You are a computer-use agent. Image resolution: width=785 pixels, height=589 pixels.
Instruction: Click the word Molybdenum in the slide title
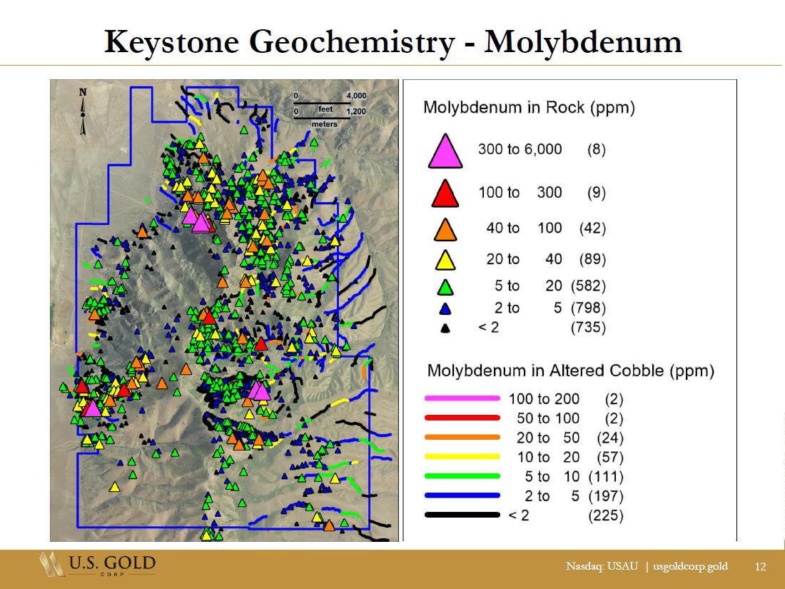[x=583, y=42]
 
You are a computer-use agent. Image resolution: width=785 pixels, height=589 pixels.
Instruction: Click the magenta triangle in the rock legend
[x=445, y=151]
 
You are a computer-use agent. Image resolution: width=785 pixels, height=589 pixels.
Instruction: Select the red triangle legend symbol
[x=445, y=194]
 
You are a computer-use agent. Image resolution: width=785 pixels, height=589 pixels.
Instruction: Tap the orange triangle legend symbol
[x=445, y=230]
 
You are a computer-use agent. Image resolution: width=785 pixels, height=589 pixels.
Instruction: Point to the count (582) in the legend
[x=588, y=286]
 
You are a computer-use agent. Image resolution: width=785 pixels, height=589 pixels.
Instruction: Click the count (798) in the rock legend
[x=588, y=308]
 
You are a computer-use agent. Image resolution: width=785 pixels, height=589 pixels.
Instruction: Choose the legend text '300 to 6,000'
[x=520, y=149]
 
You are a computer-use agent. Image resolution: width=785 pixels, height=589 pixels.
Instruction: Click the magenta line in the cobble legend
[x=462, y=398]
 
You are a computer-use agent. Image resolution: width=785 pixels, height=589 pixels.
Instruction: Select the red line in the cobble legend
[x=462, y=418]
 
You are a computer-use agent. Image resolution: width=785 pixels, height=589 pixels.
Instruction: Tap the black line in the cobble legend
[x=462, y=515]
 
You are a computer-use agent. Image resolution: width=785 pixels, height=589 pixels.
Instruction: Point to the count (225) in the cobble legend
[x=606, y=515]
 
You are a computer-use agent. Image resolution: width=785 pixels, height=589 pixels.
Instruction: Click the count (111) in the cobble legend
[x=606, y=476]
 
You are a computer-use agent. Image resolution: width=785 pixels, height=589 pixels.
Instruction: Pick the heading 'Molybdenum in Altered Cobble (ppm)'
[x=571, y=371]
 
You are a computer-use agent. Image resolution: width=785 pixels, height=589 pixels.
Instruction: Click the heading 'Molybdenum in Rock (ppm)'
[x=530, y=108]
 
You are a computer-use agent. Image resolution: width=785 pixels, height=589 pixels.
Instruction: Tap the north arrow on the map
[x=83, y=112]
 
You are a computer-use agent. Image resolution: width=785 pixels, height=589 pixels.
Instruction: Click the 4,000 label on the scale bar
[x=356, y=96]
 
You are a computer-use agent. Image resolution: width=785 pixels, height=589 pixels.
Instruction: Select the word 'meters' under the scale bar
[x=324, y=124]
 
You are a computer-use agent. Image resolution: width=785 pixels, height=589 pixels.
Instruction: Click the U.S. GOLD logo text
[x=112, y=563]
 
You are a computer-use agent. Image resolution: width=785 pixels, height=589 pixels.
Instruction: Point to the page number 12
[x=760, y=566]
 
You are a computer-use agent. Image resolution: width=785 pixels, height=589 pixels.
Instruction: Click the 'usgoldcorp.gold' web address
[x=690, y=566]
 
